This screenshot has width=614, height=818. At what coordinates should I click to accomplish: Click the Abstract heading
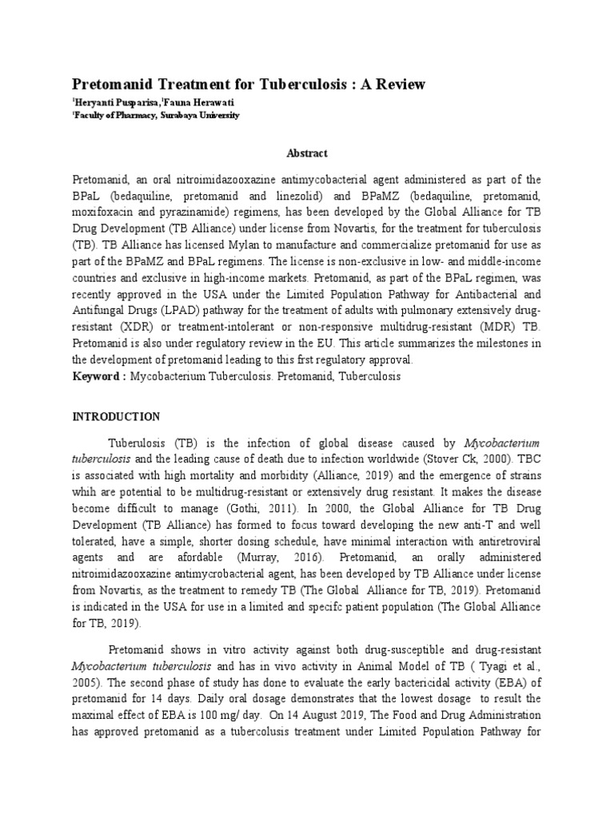coord(307,153)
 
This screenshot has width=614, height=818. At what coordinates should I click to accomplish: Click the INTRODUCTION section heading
coord(117,416)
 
